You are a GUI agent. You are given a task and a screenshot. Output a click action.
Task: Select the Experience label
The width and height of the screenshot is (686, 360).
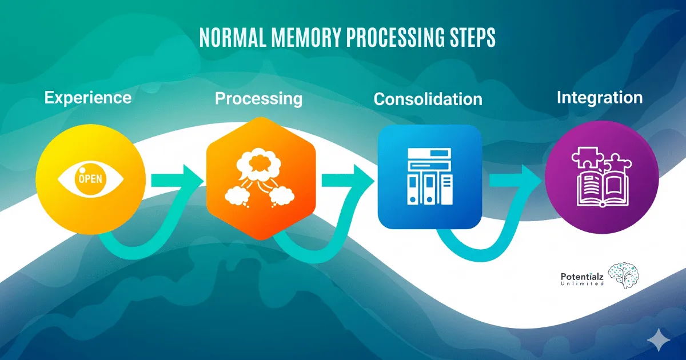(x=88, y=97)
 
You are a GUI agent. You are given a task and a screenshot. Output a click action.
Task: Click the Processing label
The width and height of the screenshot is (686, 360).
(x=258, y=98)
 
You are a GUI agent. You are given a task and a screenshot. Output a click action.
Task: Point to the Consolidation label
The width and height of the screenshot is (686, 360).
(x=428, y=99)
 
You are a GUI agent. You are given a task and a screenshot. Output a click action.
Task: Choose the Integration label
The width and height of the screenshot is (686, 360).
(x=600, y=97)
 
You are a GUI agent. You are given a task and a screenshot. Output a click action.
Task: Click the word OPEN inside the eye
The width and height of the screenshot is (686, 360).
(x=90, y=178)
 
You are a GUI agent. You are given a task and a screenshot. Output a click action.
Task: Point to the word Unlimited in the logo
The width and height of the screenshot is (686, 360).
(x=583, y=283)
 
